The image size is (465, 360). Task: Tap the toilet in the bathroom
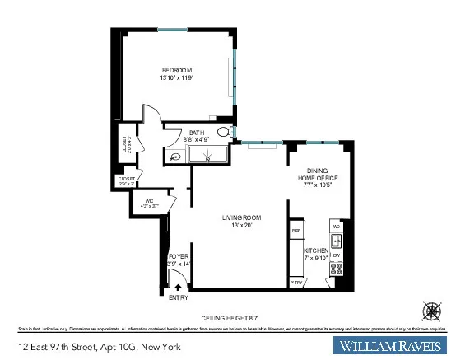click(223, 134)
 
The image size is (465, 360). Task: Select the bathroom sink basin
click(176, 157)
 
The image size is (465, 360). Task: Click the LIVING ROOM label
click(241, 217)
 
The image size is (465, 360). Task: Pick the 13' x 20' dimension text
click(241, 226)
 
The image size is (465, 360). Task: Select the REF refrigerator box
click(296, 231)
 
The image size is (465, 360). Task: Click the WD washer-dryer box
click(336, 226)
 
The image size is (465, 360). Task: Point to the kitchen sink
click(336, 241)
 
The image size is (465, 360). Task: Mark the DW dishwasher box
click(336, 255)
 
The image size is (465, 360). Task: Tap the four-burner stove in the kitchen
click(336, 269)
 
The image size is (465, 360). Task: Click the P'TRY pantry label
click(296, 283)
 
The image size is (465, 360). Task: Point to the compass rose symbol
click(431, 311)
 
